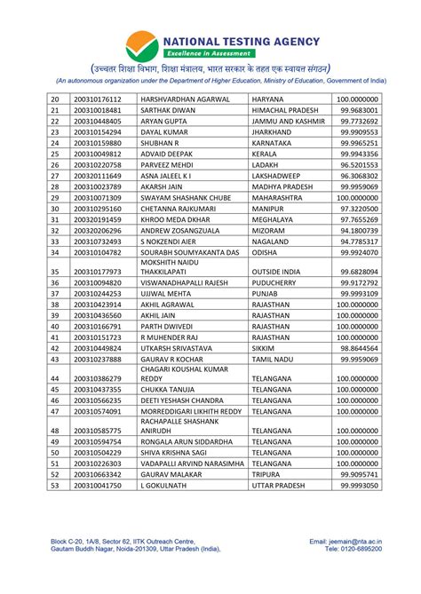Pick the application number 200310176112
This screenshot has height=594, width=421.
pos(97,99)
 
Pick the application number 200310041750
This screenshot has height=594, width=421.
pos(97,486)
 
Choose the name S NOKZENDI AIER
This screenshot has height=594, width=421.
pos(176,242)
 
